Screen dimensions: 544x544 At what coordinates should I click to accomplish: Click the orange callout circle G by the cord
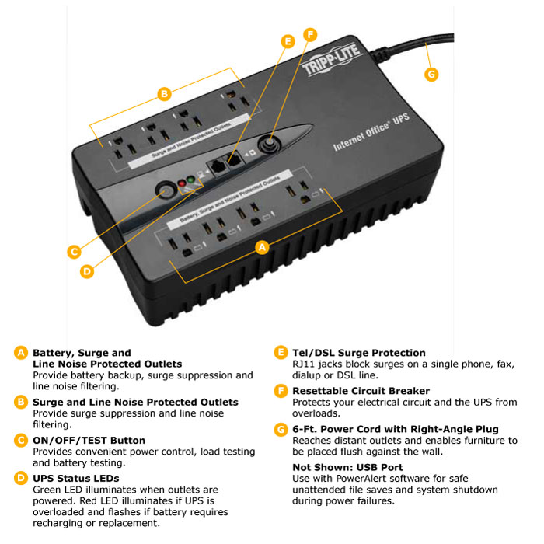tap(432, 75)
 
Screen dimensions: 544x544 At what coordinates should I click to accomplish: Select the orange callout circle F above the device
tap(311, 35)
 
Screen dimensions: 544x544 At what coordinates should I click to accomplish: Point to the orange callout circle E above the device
tap(288, 41)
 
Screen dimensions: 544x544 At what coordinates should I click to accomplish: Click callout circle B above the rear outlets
tap(163, 95)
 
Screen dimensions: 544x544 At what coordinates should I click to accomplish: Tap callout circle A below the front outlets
tap(262, 247)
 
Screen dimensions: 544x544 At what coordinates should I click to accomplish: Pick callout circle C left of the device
tap(74, 252)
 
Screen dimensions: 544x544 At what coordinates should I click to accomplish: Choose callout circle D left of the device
tap(87, 271)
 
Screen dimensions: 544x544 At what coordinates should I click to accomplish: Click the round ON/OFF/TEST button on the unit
tap(165, 190)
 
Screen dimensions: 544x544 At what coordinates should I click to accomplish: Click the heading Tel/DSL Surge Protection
tap(358, 353)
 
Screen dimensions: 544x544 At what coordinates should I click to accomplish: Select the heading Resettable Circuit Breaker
tap(361, 391)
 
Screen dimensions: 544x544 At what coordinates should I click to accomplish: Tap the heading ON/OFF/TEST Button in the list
tap(89, 441)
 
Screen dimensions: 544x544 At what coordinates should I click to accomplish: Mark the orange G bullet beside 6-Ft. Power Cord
tap(281, 429)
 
